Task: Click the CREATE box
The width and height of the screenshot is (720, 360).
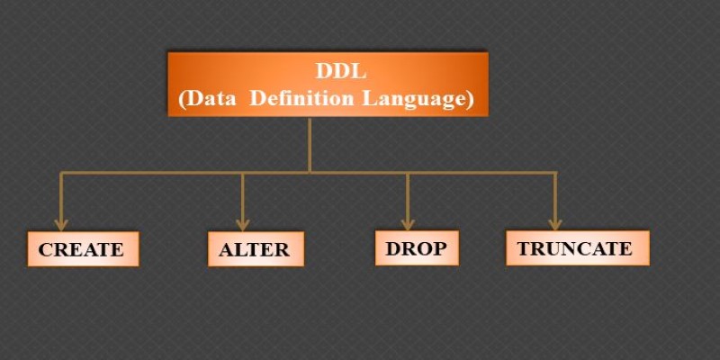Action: pyautogui.click(x=83, y=249)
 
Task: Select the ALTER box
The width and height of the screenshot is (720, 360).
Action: pyautogui.click(x=256, y=249)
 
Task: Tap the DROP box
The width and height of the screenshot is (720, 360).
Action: pyautogui.click(x=417, y=248)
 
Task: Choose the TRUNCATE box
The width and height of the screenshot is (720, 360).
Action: pyautogui.click(x=578, y=248)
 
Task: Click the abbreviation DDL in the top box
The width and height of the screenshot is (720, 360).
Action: pyautogui.click(x=341, y=71)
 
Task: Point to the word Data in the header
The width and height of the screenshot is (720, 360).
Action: pyautogui.click(x=211, y=99)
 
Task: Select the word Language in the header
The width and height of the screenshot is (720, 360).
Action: pyautogui.click(x=414, y=100)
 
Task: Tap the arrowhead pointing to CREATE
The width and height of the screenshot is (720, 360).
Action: pyautogui.click(x=60, y=225)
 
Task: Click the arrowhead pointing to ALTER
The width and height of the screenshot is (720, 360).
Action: pyautogui.click(x=242, y=225)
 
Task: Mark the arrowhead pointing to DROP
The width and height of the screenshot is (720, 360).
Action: pyautogui.click(x=408, y=224)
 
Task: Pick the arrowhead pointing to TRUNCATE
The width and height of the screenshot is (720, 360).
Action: pyautogui.click(x=555, y=224)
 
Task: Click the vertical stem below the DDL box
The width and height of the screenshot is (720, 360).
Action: pyautogui.click(x=310, y=145)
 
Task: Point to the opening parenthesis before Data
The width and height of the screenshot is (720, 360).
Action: pyautogui.click(x=182, y=100)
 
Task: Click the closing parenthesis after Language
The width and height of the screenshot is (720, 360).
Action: pyautogui.click(x=469, y=100)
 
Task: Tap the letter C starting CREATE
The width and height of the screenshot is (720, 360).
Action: pyautogui.click(x=46, y=250)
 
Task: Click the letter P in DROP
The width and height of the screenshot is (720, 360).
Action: pyautogui.click(x=439, y=248)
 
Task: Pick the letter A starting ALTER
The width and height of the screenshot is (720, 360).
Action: pyautogui.click(x=227, y=250)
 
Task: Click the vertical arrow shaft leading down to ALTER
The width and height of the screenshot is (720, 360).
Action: pyautogui.click(x=242, y=196)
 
